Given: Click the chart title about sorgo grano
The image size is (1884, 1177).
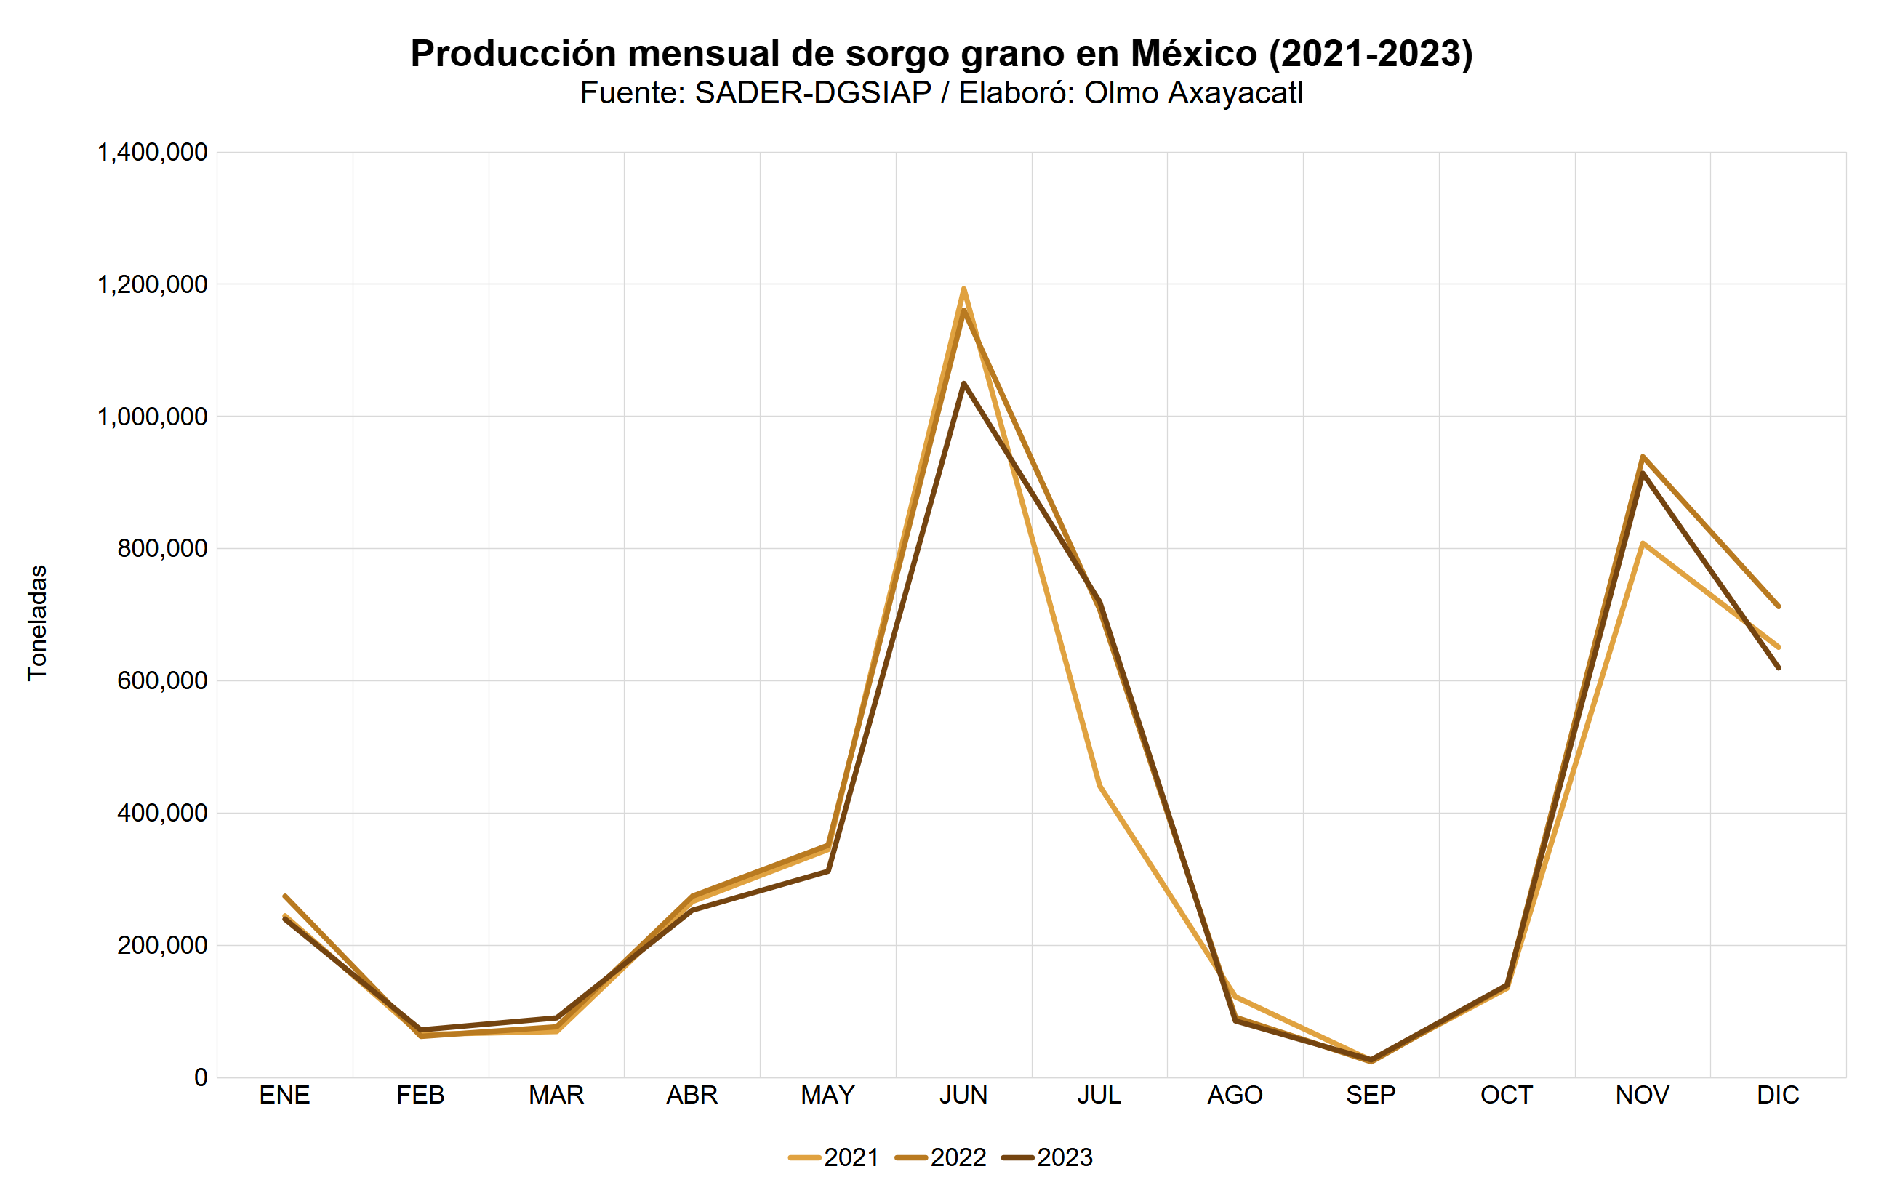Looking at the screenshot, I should tap(941, 54).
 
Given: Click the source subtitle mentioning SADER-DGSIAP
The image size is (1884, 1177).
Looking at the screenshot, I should tap(941, 92).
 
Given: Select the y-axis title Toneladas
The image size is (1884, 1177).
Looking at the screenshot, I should tap(37, 623).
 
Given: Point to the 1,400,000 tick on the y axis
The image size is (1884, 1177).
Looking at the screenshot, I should tap(152, 153).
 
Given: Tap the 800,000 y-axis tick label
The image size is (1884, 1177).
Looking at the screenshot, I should tap(162, 549).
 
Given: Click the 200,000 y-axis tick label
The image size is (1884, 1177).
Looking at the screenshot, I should tap(162, 945).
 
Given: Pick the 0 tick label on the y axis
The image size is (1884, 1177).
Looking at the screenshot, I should tap(201, 1077).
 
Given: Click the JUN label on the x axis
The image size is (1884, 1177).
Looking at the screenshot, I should tap(963, 1096).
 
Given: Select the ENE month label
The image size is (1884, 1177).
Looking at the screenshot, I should tap(284, 1096).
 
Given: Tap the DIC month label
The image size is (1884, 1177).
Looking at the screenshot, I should tap(1778, 1096).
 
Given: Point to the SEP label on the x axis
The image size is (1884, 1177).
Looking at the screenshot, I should tap(1370, 1096).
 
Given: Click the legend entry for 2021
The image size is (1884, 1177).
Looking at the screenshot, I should tap(834, 1157).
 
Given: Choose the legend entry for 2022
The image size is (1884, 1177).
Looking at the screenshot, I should tap(941, 1157).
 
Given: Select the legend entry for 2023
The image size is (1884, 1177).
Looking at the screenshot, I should tap(1048, 1157).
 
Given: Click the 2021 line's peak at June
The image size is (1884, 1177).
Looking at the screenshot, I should tap(963, 289).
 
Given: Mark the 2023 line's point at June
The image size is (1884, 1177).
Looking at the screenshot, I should tap(963, 383).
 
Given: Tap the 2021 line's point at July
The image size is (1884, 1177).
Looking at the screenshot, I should tap(1099, 785).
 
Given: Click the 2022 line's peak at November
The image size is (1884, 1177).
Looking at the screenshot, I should tap(1643, 457).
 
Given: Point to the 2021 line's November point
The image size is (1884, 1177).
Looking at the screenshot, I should tap(1643, 543).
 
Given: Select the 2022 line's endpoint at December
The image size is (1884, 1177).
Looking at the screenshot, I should tap(1778, 606).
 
